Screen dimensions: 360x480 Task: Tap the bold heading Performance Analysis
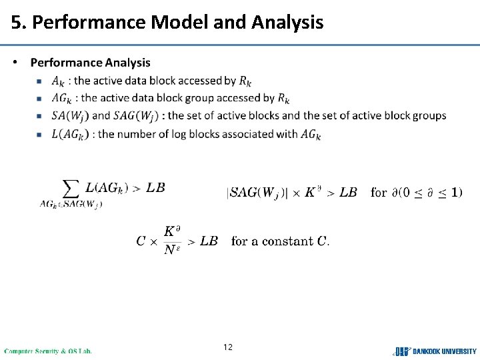(91, 63)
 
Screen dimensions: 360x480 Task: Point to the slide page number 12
(228, 347)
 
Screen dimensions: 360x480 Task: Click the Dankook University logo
(435, 351)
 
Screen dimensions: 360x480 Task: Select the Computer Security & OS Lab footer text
(48, 351)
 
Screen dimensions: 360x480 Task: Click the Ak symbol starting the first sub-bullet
(58, 81)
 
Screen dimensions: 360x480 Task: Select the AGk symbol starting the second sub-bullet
(61, 99)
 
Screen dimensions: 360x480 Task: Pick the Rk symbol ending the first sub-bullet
(245, 81)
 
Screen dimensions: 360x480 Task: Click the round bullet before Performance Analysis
(16, 63)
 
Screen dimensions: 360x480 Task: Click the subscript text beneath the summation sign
(71, 204)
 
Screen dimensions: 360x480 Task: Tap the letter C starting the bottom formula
(141, 241)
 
